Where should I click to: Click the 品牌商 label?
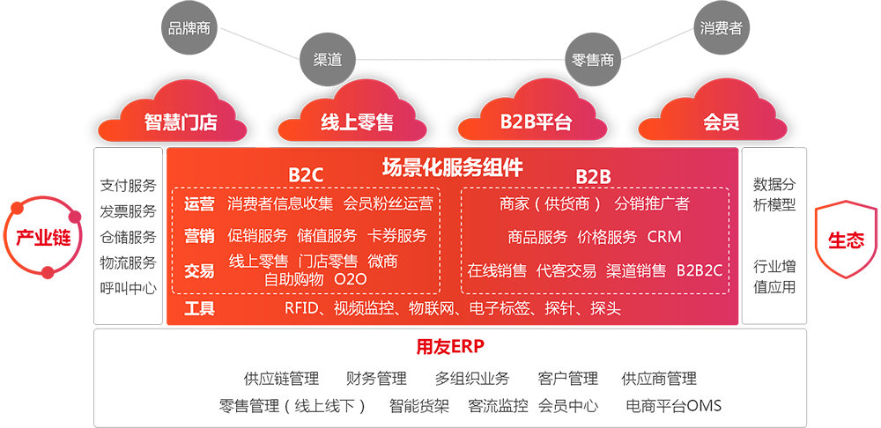189,28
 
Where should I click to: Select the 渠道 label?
328,61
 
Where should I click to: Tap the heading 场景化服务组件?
452,166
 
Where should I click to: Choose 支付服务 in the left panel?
128,186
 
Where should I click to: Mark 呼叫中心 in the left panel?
128,288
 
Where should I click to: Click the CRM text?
663,237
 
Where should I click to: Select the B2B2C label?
700,270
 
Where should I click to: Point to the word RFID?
302,308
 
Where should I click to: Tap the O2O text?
351,279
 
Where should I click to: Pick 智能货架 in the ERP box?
419,406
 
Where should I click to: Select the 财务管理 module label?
376,379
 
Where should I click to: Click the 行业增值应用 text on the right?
774,276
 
